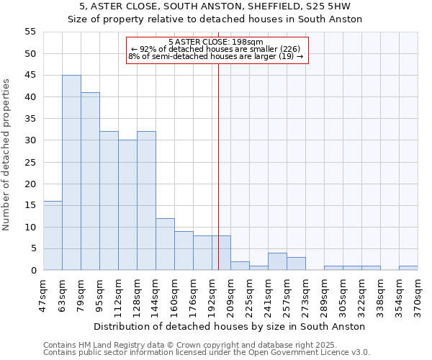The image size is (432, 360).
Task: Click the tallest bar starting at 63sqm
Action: [71, 173]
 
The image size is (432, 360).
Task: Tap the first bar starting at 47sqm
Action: [53, 235]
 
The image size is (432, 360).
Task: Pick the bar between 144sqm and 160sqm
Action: [165, 244]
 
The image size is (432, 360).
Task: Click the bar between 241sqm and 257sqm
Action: [277, 262]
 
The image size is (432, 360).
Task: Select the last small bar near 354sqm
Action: [408, 269]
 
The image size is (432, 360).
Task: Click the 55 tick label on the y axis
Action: [31, 32]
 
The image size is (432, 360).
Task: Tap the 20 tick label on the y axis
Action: [31, 184]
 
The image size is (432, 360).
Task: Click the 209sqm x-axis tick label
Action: [231, 292]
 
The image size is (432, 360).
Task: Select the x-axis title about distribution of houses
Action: [230, 326]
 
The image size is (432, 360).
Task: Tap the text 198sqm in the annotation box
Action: [249, 42]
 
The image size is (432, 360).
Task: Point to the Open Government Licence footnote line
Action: [207, 353]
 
